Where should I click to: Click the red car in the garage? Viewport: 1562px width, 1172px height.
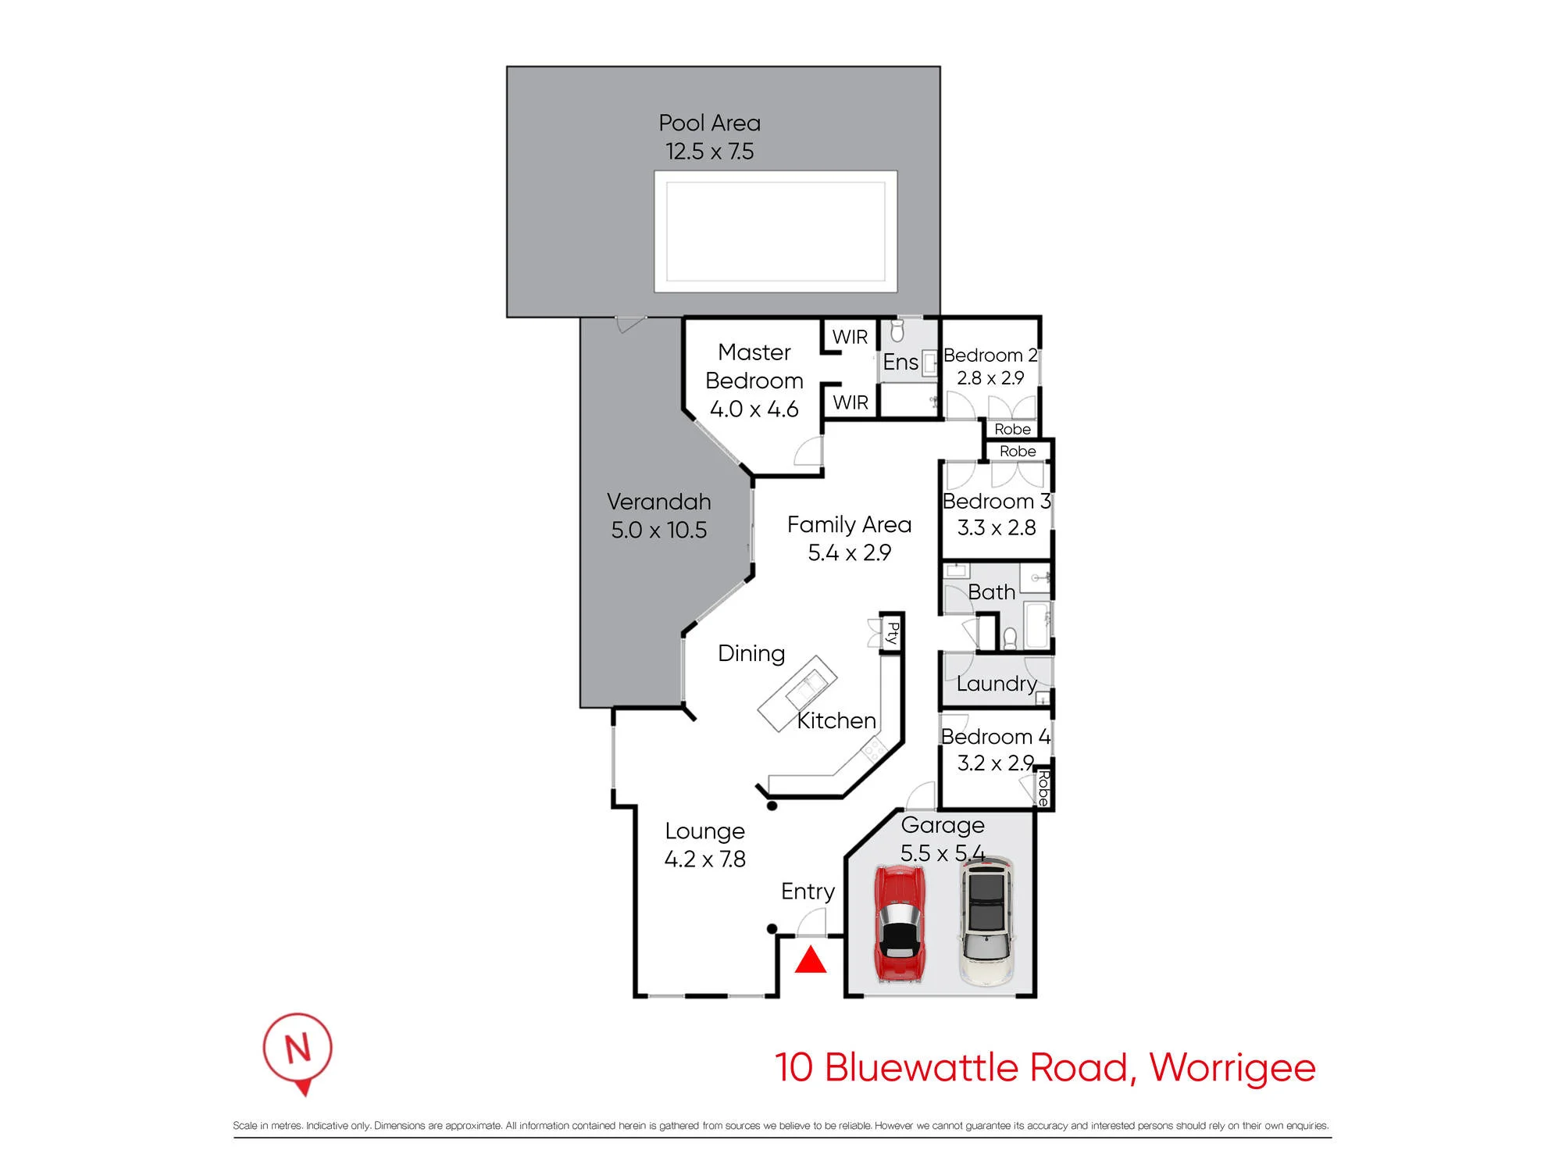click(x=901, y=924)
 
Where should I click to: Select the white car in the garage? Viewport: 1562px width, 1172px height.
click(x=986, y=920)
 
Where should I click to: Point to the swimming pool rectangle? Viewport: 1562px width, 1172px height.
click(x=776, y=231)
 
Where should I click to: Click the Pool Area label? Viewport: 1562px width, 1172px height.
click(x=709, y=123)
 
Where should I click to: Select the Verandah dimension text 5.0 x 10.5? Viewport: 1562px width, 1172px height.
click(x=658, y=530)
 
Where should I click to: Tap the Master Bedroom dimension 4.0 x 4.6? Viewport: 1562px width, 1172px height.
click(x=754, y=409)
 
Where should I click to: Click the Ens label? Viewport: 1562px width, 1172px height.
click(x=900, y=362)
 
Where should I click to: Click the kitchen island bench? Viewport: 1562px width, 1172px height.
click(x=797, y=693)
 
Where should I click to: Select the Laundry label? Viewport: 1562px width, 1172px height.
click(x=997, y=684)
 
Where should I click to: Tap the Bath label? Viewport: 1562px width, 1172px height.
click(x=991, y=591)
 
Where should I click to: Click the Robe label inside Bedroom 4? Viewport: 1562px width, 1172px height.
click(x=1043, y=788)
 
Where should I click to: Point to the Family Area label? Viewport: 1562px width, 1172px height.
click(x=849, y=524)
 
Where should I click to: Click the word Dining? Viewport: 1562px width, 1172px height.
click(x=751, y=654)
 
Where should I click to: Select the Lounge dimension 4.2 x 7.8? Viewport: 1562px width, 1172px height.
click(x=704, y=859)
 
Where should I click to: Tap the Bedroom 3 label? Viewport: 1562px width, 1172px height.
click(x=997, y=501)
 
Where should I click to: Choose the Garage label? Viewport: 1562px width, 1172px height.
click(x=943, y=826)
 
